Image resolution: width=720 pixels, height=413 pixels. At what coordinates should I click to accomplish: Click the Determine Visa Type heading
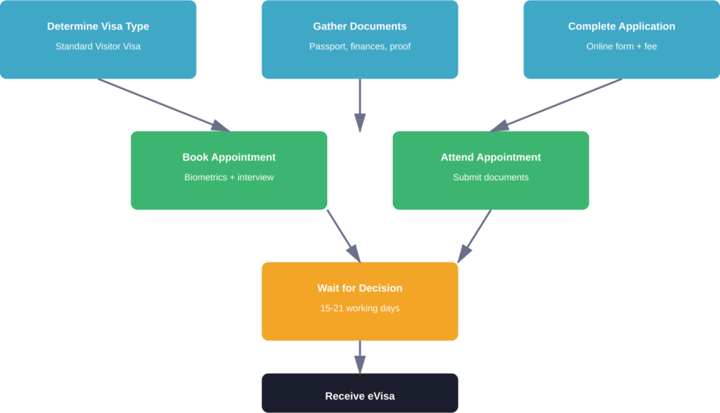coord(98,27)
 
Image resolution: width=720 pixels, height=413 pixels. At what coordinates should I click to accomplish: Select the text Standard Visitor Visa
coord(98,46)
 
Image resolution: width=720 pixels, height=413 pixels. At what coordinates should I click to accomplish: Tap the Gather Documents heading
coord(359,27)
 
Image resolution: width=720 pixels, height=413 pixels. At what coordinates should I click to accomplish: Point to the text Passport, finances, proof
coord(359,46)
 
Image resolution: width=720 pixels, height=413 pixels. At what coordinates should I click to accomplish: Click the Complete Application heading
coord(621,27)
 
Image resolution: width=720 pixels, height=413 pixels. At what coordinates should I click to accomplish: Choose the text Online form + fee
coord(621,46)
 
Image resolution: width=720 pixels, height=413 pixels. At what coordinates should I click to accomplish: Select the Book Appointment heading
coord(229,158)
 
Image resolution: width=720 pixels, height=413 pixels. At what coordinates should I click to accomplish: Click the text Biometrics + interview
coord(229,177)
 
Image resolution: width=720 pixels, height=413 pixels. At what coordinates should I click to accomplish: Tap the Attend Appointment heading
coord(490,158)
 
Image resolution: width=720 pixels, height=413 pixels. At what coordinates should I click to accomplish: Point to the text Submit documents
coord(490,177)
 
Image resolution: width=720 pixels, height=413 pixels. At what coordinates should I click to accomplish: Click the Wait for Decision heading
coord(359,288)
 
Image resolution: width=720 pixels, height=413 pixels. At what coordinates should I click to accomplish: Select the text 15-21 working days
coord(359,308)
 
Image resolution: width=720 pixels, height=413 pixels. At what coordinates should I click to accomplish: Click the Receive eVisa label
coord(359,396)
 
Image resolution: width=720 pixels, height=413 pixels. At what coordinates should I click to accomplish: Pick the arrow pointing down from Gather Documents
coord(359,106)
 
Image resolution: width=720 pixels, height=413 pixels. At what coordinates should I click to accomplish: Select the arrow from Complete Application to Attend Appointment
coord(556,105)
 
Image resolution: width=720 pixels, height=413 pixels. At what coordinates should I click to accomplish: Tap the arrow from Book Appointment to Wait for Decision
coord(343,235)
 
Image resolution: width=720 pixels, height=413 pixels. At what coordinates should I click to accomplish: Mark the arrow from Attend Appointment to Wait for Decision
coord(475,236)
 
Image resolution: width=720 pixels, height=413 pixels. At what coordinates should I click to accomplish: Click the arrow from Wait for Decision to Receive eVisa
coord(359,357)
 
